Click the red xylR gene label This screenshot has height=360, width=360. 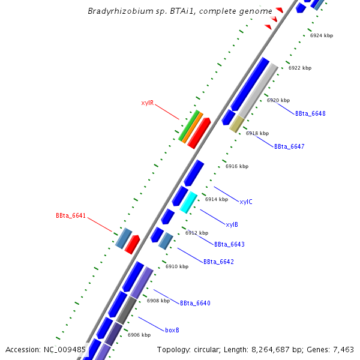(x=148, y=103)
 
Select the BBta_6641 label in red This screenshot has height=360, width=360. (x=71, y=215)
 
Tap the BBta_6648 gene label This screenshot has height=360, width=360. (x=310, y=113)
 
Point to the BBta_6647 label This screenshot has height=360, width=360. (x=289, y=146)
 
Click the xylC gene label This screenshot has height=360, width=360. (x=246, y=202)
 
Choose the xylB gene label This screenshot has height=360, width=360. (x=232, y=224)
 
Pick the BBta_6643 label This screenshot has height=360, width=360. (x=229, y=244)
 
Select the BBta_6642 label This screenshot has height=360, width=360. (x=218, y=262)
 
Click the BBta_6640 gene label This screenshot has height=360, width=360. (x=195, y=303)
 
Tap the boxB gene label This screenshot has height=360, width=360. (x=172, y=330)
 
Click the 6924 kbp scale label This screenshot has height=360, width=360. (x=321, y=35)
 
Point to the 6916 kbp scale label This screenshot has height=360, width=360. (x=236, y=166)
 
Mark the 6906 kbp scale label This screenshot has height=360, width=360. (x=139, y=335)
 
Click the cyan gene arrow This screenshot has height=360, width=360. (x=188, y=202)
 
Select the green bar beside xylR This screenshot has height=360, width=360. (x=188, y=125)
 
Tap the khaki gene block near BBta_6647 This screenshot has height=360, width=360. (x=236, y=124)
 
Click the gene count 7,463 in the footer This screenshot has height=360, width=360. (x=344, y=350)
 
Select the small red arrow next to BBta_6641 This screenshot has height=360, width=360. (x=132, y=244)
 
